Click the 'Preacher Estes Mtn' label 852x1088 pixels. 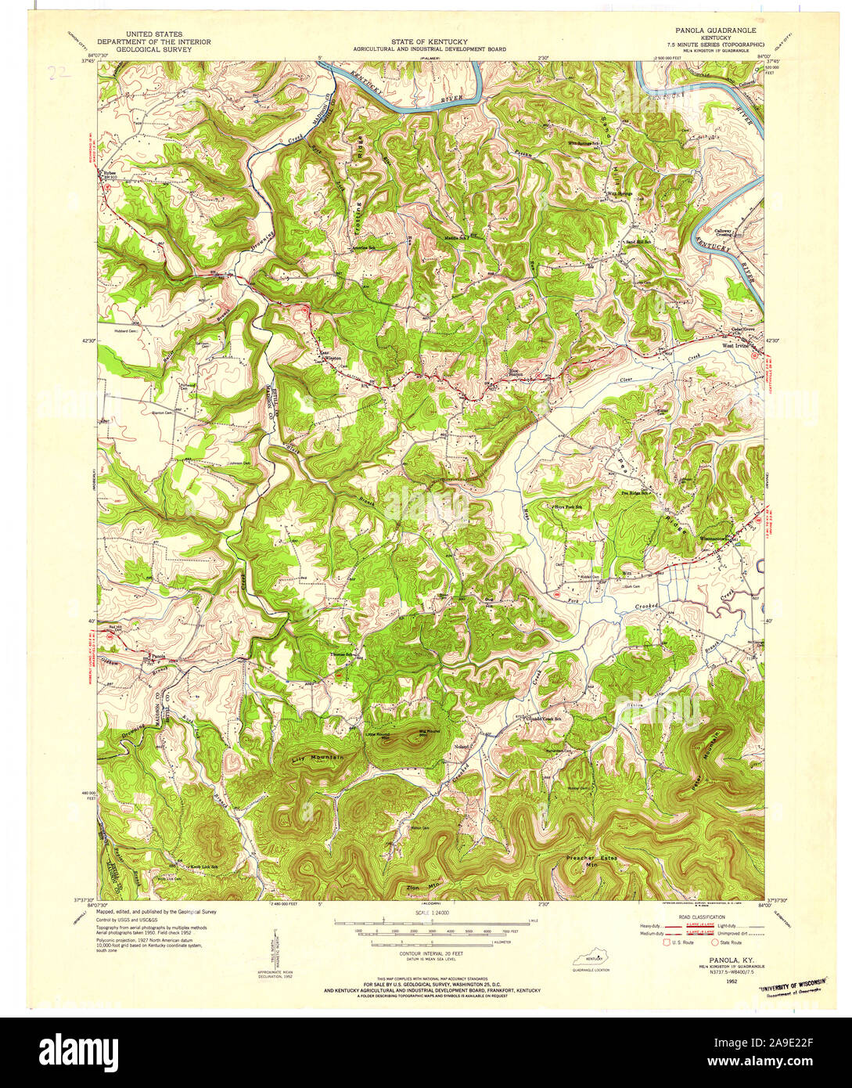591,862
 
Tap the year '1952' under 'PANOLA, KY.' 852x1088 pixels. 732,980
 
